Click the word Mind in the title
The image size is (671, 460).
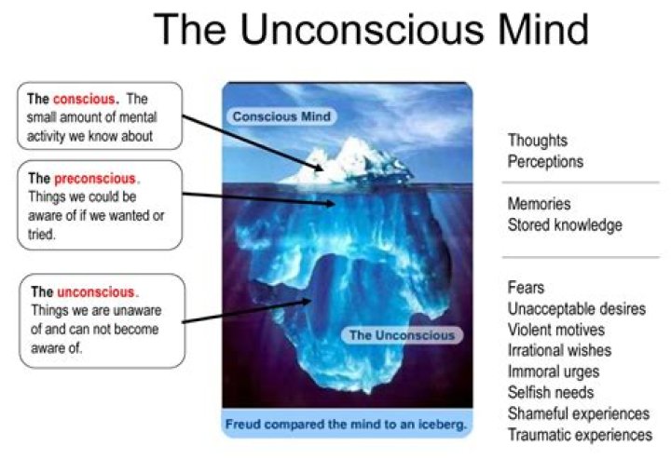click(x=531, y=30)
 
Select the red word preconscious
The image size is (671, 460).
click(x=95, y=178)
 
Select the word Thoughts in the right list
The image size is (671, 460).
click(x=538, y=141)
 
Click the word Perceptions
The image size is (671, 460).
click(x=545, y=161)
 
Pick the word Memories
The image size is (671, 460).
click(x=540, y=204)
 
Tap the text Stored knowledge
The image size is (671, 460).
click(x=565, y=224)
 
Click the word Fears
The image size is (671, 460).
click(x=527, y=288)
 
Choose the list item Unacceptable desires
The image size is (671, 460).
click(x=576, y=309)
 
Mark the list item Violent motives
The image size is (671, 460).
click(x=556, y=330)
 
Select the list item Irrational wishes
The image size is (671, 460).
click(x=559, y=351)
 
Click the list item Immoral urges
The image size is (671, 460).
click(x=554, y=372)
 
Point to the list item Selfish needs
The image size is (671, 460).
click(x=551, y=393)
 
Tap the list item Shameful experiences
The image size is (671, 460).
click(x=578, y=414)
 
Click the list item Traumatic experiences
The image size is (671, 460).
click(x=580, y=435)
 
